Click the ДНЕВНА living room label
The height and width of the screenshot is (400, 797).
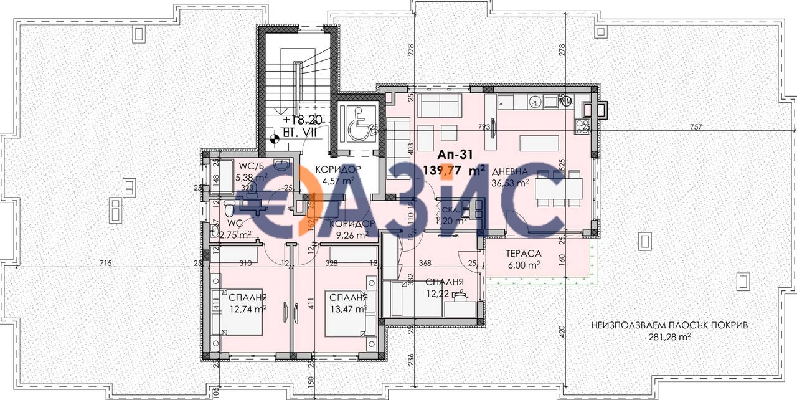tap(510, 172)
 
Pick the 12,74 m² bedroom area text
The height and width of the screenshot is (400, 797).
tap(248, 308)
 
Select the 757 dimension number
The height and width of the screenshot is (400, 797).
tap(696, 127)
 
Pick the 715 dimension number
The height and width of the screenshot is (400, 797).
tap(105, 264)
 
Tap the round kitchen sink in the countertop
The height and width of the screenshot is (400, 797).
tap(534, 100)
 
